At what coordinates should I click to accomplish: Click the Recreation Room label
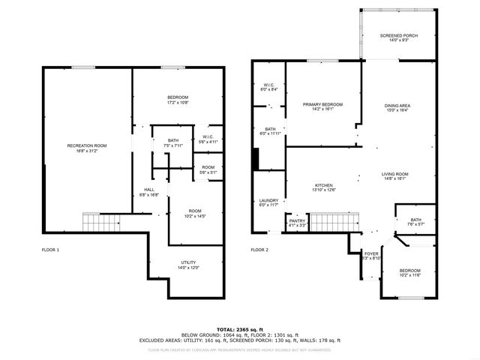tap(87, 148)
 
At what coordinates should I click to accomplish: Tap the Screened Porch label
tap(398, 38)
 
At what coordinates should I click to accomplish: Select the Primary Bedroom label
tap(322, 106)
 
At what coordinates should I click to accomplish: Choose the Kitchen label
tap(324, 187)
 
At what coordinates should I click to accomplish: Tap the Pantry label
tap(297, 223)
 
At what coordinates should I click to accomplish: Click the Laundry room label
tap(268, 202)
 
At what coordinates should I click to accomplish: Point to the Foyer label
tap(371, 256)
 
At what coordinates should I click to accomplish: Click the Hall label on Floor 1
tap(149, 191)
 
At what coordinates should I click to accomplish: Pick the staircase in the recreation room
tap(100, 222)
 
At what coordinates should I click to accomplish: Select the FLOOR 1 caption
tap(50, 249)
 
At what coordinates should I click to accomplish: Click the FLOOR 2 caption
tap(259, 249)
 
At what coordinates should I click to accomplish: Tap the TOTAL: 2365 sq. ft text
tap(239, 329)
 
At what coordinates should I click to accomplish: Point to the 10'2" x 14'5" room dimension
tap(194, 217)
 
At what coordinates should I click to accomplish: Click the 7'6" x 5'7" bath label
tap(415, 222)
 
